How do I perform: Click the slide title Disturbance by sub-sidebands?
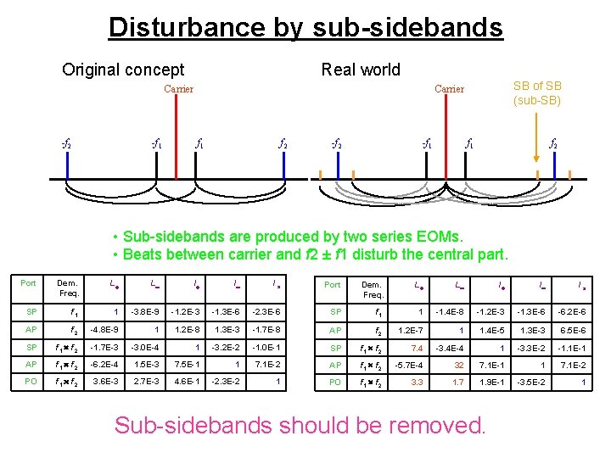pos(305,27)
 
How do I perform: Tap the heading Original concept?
pos(123,70)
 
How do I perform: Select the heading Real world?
pos(361,70)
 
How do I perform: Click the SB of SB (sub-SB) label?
pos(537,93)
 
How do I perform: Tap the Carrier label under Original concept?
pos(178,89)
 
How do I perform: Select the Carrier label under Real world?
pos(449,89)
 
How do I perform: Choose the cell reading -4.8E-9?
pos(109,329)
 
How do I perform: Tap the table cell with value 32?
pos(459,365)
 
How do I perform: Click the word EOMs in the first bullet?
pos(440,236)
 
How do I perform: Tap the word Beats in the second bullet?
pos(143,254)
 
